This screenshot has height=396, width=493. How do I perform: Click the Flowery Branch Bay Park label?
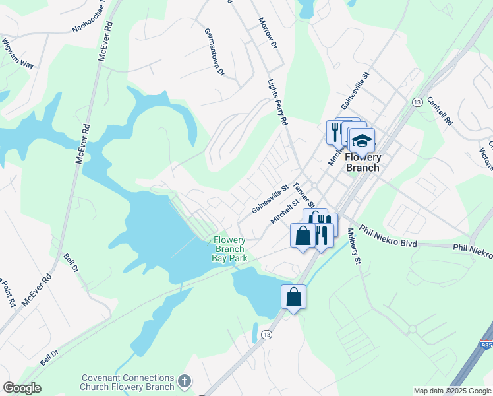229,249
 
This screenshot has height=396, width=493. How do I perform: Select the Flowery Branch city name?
363,162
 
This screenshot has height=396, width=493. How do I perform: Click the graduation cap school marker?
362,141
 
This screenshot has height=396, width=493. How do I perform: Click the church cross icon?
185,381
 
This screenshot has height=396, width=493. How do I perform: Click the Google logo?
22,388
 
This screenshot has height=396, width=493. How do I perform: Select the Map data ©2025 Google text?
451,391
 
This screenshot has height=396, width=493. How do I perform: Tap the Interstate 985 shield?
486,344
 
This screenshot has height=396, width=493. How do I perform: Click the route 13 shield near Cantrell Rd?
417,102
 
